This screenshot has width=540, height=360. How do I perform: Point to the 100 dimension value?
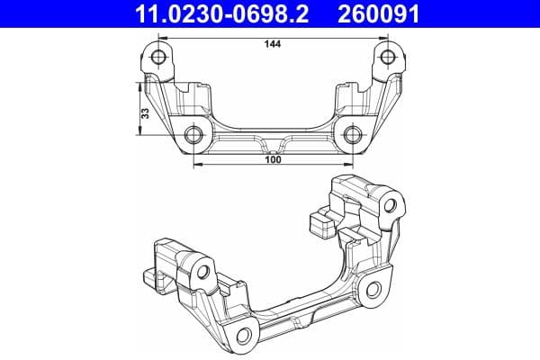coord(274,159)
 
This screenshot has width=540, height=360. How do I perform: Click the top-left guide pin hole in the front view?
coord(159,59)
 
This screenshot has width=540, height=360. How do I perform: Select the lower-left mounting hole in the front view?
coord(193,136)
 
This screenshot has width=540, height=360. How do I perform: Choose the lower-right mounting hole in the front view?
coord(352,136)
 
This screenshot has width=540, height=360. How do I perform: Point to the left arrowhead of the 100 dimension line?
coord(197,166)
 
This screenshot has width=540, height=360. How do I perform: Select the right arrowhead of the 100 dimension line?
coord(349,166)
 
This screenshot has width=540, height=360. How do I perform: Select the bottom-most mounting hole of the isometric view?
coord(243,339)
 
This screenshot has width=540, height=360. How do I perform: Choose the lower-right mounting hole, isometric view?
coord(371,288)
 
